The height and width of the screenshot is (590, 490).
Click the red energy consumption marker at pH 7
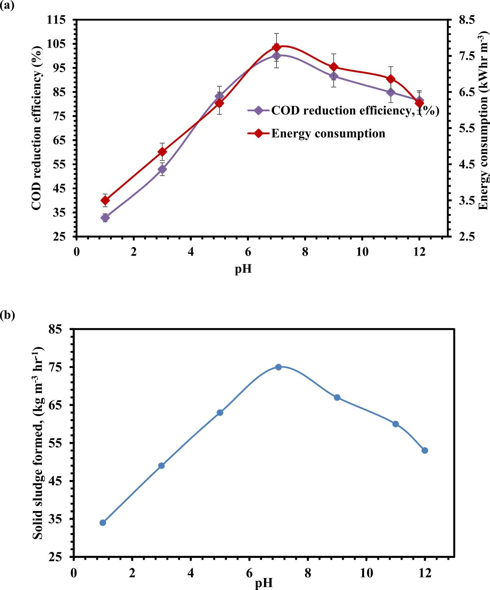[x=276, y=47]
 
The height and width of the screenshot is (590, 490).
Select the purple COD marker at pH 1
[x=105, y=218]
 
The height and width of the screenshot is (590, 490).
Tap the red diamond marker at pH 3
[x=162, y=152]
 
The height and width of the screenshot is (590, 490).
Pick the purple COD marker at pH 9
[x=334, y=76]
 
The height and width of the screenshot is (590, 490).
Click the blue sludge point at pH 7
[x=278, y=367]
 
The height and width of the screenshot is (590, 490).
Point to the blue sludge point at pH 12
[x=425, y=451]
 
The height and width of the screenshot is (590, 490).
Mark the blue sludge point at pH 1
[x=103, y=523]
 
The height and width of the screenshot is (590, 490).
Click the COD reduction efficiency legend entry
[x=343, y=111]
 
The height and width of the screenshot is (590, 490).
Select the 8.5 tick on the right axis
[x=467, y=20]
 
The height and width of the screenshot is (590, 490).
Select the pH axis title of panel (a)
[x=243, y=269]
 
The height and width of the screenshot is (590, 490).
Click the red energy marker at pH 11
[x=391, y=79]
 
